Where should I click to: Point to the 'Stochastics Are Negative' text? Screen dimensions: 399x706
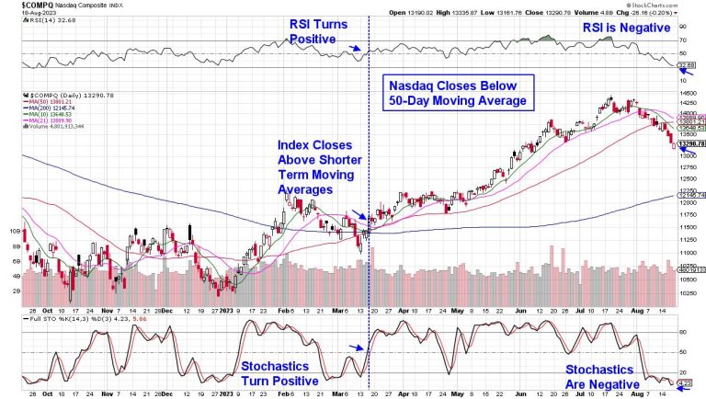pyautogui.click(x=602, y=376)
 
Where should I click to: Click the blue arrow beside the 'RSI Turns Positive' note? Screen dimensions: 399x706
pyautogui.click(x=356, y=50)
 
